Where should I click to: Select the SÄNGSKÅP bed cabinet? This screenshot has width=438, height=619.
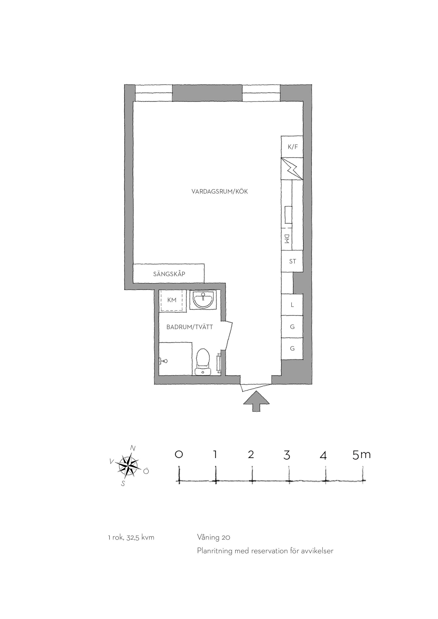click(169, 274)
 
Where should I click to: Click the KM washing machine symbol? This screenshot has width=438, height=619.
click(172, 300)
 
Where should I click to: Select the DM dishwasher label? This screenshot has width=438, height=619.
click(287, 239)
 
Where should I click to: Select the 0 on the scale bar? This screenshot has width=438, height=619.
click(179, 455)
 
